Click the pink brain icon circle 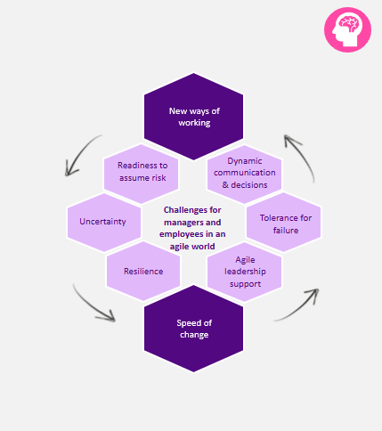347,29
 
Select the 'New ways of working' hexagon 193,117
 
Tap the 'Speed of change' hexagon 193,329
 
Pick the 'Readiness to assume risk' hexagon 141,174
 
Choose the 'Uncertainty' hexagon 104,223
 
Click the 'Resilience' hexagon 143,271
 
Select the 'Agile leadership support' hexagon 244,272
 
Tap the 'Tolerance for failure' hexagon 284,223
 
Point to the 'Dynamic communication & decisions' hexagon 244,175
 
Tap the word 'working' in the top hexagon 194,123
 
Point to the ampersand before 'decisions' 225,185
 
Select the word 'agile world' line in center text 192,247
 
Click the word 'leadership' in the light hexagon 245,272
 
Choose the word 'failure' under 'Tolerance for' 286,231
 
